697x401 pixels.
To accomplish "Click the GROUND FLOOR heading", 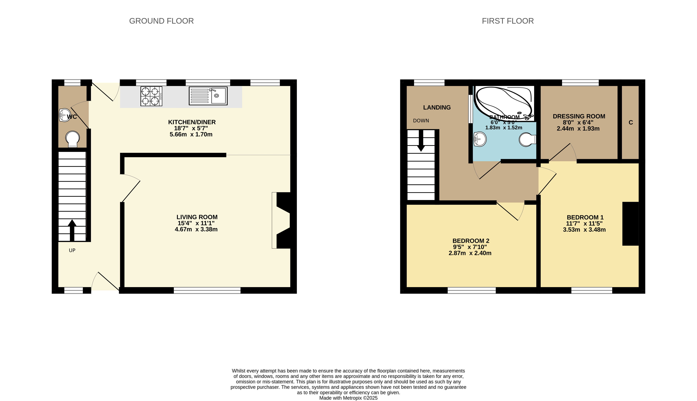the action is pyautogui.click(x=161, y=21).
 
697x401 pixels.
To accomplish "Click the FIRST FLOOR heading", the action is pyautogui.click(x=508, y=21).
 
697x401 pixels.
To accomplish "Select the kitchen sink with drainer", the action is pyautogui.click(x=208, y=96).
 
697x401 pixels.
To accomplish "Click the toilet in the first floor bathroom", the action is pyautogui.click(x=527, y=140).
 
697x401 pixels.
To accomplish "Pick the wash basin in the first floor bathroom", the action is pyautogui.click(x=480, y=139).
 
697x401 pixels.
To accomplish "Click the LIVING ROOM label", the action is pyautogui.click(x=197, y=217).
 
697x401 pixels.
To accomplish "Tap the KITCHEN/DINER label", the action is pyautogui.click(x=192, y=122).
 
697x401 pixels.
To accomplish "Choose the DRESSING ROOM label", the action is pyautogui.click(x=579, y=116).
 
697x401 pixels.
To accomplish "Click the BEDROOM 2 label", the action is pyautogui.click(x=471, y=241).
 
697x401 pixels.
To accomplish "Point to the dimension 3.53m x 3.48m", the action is pyautogui.click(x=584, y=230).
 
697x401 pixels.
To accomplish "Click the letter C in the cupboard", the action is pyautogui.click(x=631, y=122).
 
